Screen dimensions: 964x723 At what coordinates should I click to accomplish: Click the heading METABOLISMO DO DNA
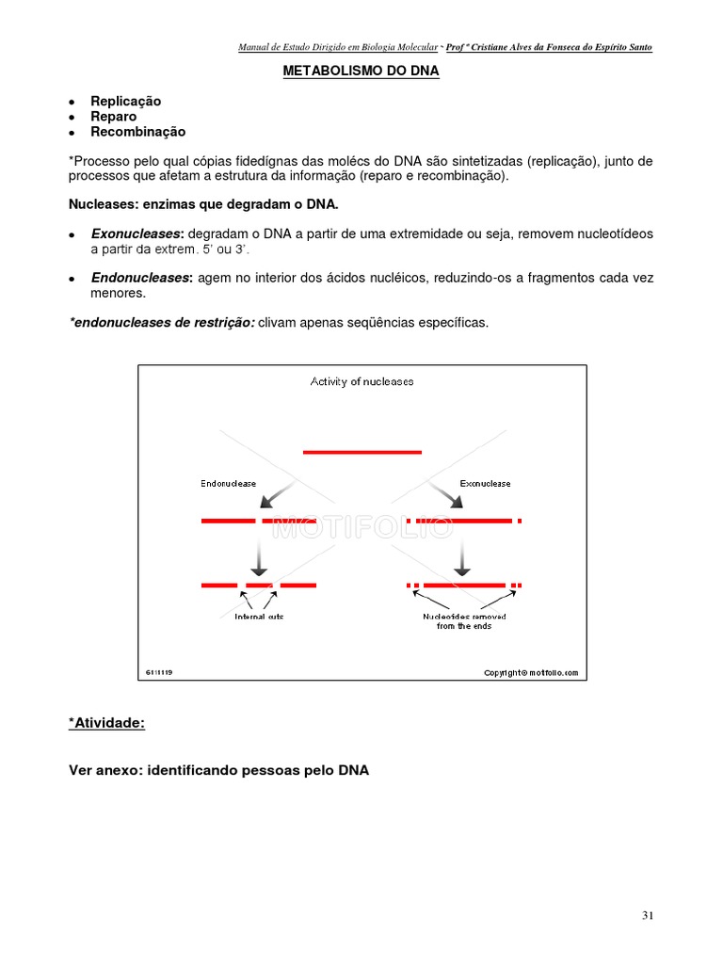pos(361,71)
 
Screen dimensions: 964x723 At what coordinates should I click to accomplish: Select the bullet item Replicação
pos(125,101)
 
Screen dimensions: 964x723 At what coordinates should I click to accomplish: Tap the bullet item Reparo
pos(113,117)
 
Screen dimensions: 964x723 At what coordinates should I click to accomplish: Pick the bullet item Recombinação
pos(137,132)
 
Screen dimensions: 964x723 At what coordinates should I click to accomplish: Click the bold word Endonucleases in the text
pos(141,278)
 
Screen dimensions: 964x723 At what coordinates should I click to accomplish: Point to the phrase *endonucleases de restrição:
pos(162,323)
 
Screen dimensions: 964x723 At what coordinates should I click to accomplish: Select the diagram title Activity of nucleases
pos(362,381)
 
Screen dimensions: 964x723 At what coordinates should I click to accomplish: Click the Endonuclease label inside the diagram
pos(228,483)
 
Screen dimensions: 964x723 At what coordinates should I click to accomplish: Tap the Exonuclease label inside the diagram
pos(485,483)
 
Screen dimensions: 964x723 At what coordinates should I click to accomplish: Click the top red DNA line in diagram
pos(362,452)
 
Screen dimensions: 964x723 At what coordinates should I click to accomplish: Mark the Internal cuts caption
pos(259,617)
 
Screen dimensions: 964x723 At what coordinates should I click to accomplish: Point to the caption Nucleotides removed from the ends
pos(464,621)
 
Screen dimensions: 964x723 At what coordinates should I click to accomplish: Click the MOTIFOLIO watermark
pos(362,528)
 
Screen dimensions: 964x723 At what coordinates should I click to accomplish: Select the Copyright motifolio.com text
pos(531,673)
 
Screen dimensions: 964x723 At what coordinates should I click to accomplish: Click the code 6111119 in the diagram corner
pos(159,673)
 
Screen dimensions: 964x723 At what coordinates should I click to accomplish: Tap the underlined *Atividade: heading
pos(106,723)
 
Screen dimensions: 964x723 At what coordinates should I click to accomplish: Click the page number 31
pos(647,915)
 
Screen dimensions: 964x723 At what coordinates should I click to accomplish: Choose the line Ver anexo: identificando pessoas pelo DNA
pos(219,770)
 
